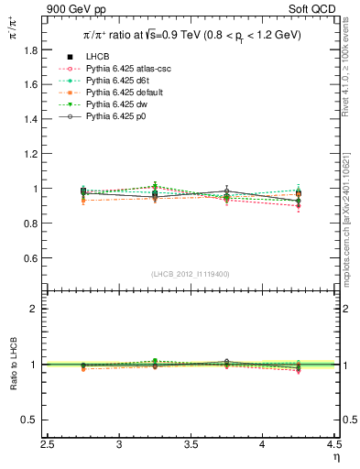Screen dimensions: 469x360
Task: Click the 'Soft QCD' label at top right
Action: point(311,10)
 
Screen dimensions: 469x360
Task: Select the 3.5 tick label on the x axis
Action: point(191,445)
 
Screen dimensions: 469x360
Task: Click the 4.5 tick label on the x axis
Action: point(333,445)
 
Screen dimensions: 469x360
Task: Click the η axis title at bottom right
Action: point(335,457)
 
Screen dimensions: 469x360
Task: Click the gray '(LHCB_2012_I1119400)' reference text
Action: point(191,274)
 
